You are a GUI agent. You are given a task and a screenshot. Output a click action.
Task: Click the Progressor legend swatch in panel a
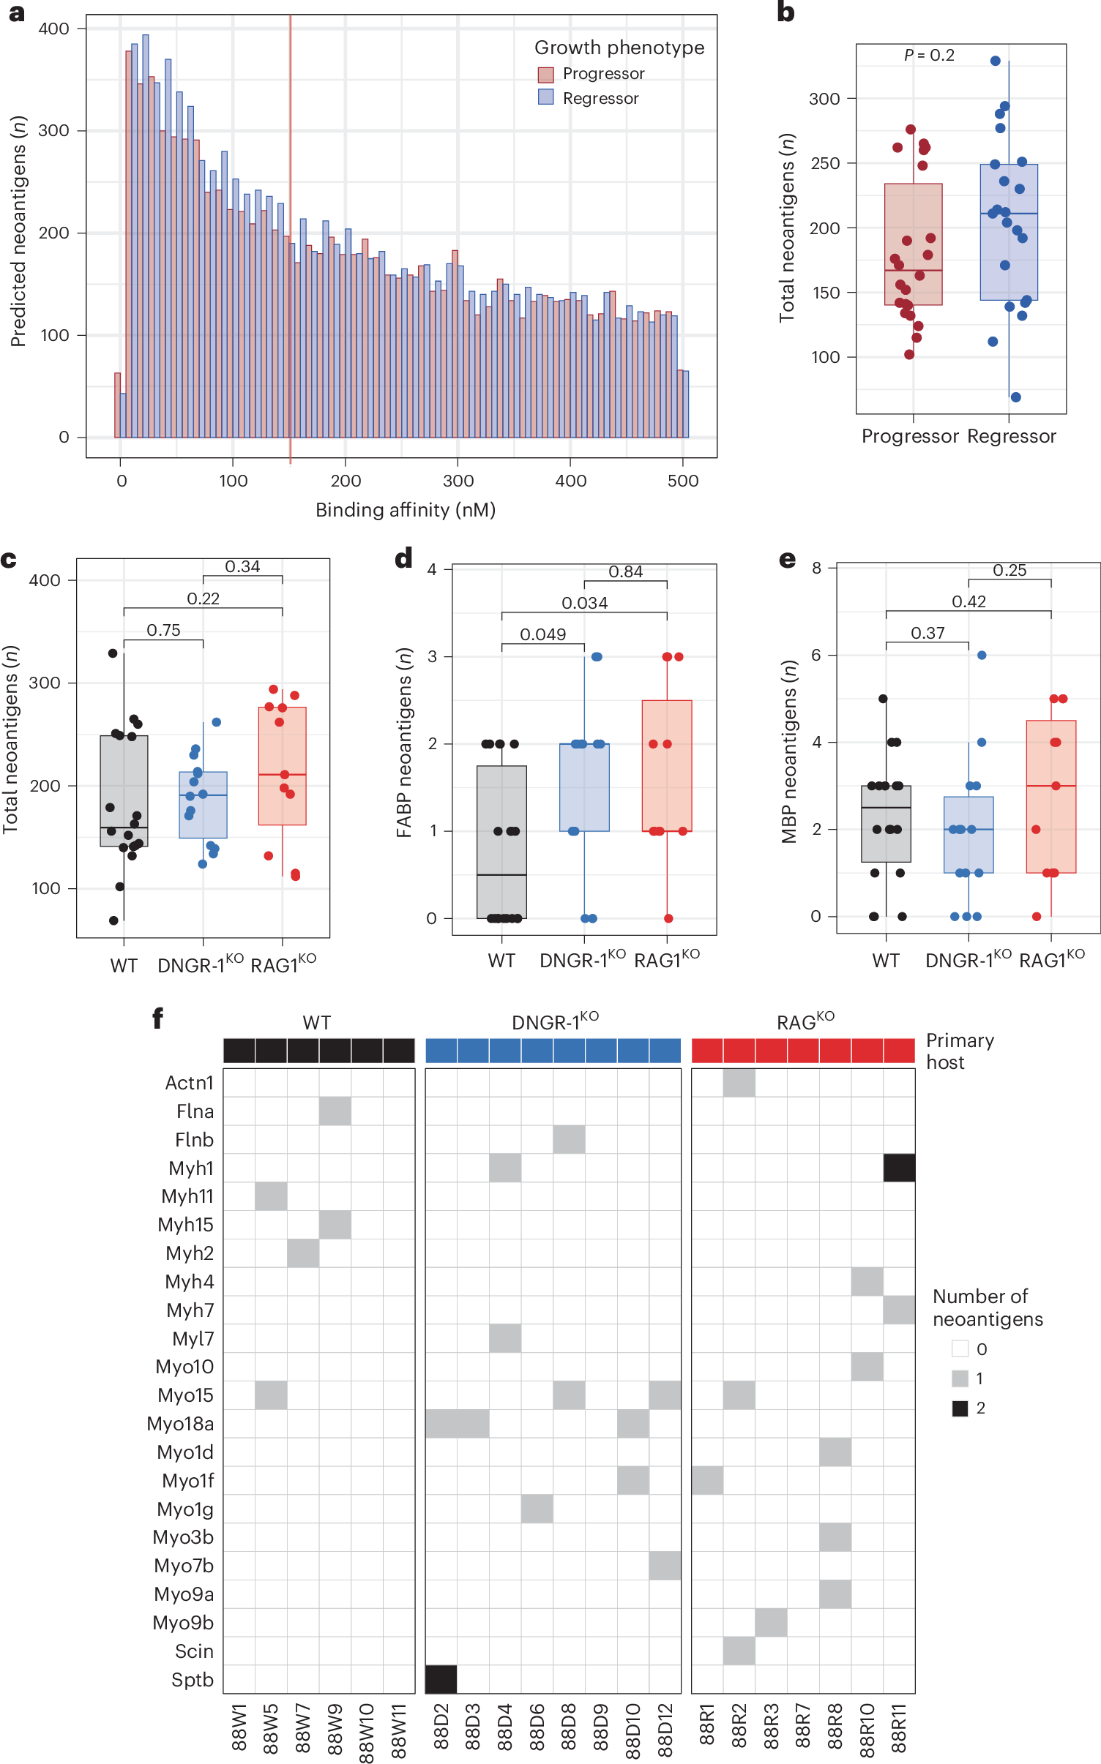tap(545, 75)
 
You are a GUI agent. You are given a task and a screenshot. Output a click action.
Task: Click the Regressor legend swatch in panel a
tap(545, 97)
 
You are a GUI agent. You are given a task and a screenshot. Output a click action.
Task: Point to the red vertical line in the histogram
tap(290, 293)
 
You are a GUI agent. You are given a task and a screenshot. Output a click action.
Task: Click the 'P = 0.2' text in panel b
tap(929, 56)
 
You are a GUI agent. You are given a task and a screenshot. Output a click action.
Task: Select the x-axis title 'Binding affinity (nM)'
tap(405, 510)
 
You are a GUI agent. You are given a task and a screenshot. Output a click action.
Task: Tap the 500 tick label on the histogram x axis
tap(682, 481)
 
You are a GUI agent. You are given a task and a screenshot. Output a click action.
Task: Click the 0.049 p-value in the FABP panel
tap(542, 634)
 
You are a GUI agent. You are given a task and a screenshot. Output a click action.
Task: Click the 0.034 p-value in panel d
tap(584, 603)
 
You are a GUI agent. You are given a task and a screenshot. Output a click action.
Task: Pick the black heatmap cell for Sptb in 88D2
tap(441, 1679)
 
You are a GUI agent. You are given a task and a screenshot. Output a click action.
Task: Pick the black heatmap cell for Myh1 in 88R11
tap(899, 1168)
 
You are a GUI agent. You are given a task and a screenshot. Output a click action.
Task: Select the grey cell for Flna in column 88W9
tap(335, 1111)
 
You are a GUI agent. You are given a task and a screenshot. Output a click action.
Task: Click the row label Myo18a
tap(180, 1424)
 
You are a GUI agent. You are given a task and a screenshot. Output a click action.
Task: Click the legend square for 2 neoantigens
tap(960, 1408)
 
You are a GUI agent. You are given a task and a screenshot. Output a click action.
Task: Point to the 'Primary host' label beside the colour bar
tap(960, 1051)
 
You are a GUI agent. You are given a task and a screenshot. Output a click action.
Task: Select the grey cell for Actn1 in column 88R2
tap(739, 1083)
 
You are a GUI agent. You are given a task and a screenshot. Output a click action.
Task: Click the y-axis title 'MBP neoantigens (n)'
tap(788, 751)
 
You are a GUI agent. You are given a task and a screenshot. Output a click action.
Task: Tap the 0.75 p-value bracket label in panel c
tap(163, 630)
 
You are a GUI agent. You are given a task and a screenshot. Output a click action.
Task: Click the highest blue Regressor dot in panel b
tap(995, 61)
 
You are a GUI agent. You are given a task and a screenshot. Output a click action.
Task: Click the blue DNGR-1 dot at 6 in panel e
tap(982, 656)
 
